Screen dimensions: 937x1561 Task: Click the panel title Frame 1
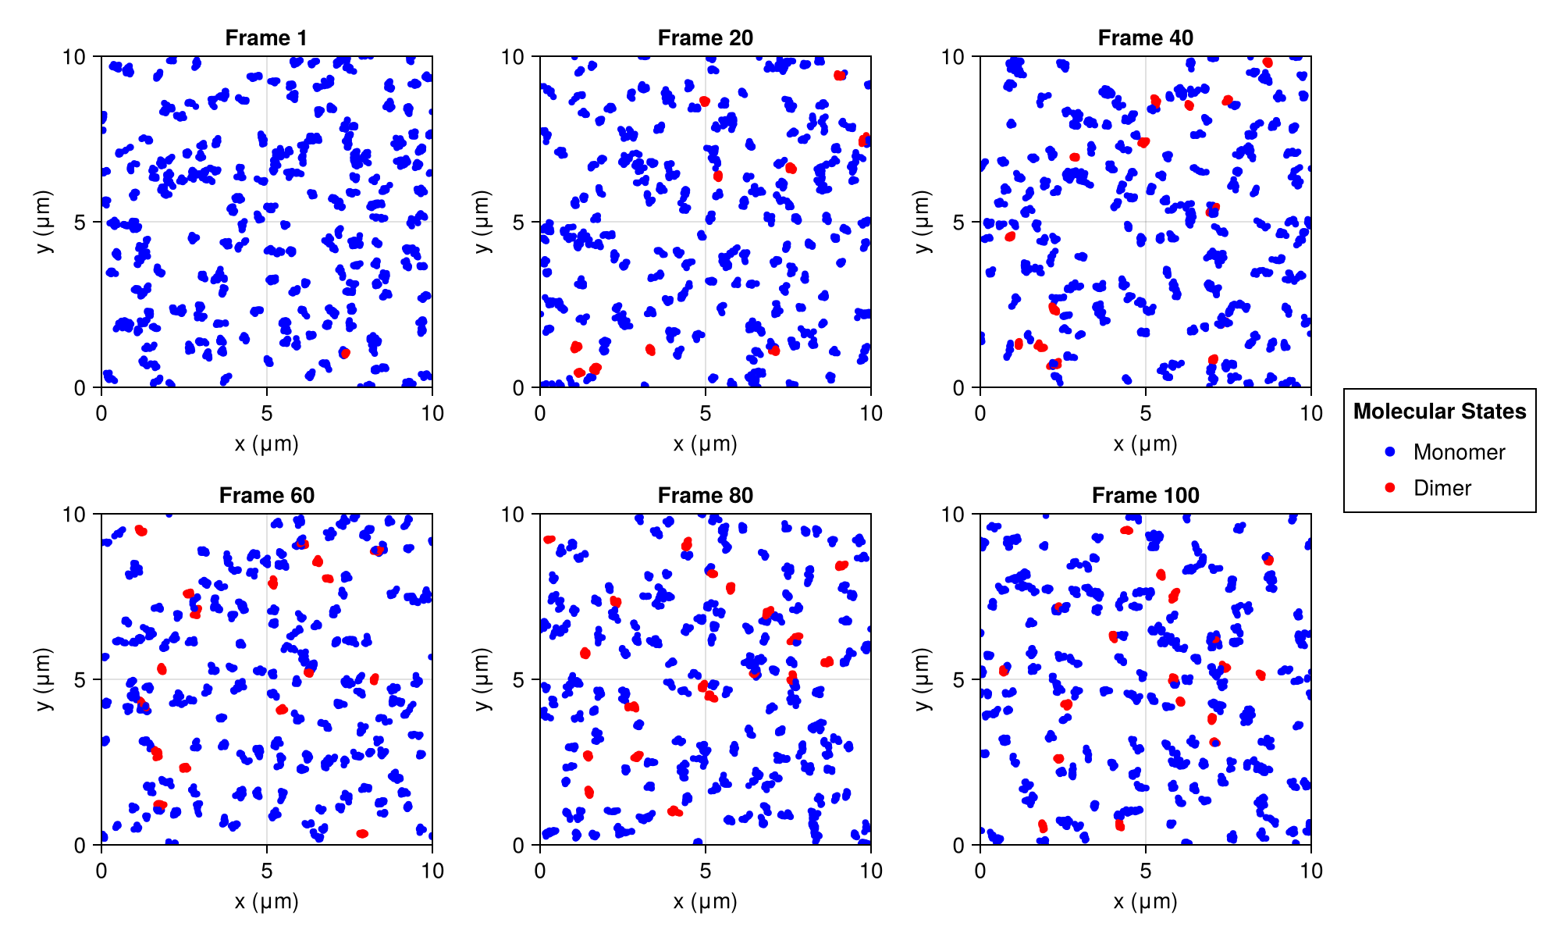coord(266,37)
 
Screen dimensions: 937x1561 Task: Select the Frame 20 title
coord(705,37)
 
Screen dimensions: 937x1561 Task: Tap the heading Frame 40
coord(1145,37)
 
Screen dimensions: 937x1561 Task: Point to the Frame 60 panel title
coord(266,495)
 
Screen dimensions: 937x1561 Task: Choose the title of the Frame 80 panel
coord(705,495)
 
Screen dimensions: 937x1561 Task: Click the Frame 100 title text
coord(1145,495)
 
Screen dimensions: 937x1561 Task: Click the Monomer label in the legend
coord(1459,452)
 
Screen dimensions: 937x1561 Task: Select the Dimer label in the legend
coord(1442,488)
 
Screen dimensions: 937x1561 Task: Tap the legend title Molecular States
coord(1439,411)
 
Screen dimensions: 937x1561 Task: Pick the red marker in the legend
coord(1389,488)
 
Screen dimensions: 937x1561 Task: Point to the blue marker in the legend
coord(1389,452)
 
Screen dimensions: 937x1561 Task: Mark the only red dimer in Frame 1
coord(345,353)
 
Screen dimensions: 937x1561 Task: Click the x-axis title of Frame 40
coord(1145,444)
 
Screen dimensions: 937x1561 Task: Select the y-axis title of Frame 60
coord(44,679)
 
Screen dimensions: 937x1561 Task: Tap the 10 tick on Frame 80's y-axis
coord(521,514)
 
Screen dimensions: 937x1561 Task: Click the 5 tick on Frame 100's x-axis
coord(1145,870)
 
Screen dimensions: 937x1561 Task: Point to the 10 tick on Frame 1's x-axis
coord(432,413)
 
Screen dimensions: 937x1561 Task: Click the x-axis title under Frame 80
coord(705,902)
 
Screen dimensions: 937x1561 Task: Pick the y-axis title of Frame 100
coord(923,679)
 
